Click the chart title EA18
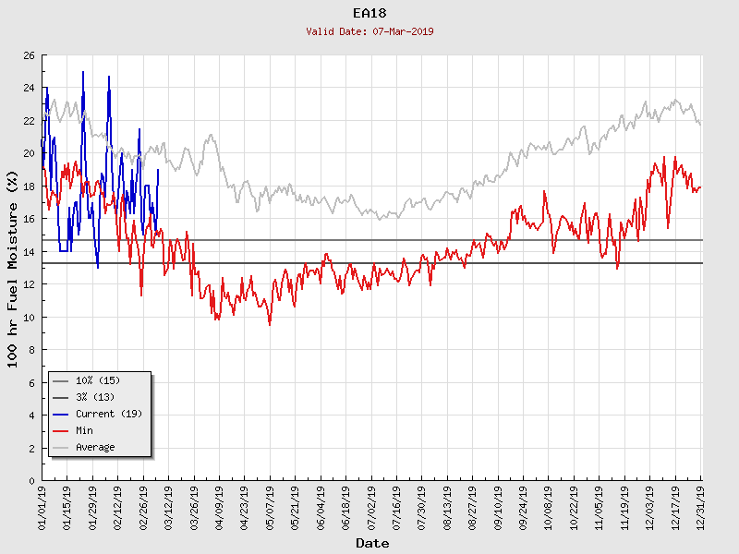pos(369,13)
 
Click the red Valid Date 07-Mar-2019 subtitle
pos(369,31)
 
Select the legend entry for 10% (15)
pos(97,380)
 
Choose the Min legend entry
pos(84,430)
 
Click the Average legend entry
pos(95,447)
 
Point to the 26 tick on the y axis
pos(29,55)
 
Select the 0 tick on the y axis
pos(31,480)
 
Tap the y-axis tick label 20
pos(29,154)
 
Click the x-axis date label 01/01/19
pos(42,508)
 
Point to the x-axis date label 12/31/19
pos(701,508)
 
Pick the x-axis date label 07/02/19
pos(371,508)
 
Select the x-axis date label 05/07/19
pos(270,508)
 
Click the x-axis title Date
pos(372,543)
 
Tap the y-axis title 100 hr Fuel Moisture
pos(13,268)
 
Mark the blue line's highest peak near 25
pos(83,72)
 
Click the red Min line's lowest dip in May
pos(270,324)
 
